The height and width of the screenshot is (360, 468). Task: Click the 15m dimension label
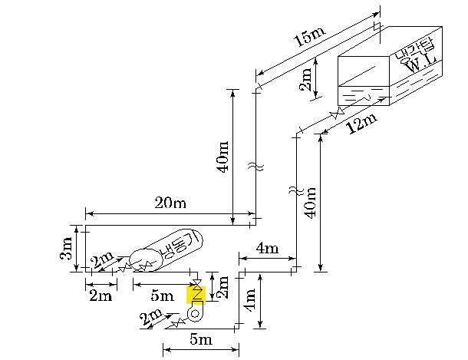point(309,37)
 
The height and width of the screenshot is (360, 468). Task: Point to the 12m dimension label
point(361,124)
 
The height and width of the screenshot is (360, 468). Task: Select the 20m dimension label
point(170,203)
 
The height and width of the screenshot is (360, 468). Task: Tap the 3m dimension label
point(66,248)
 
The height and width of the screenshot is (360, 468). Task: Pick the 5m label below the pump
point(201,339)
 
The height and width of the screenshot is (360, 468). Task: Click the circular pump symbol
point(195,314)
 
